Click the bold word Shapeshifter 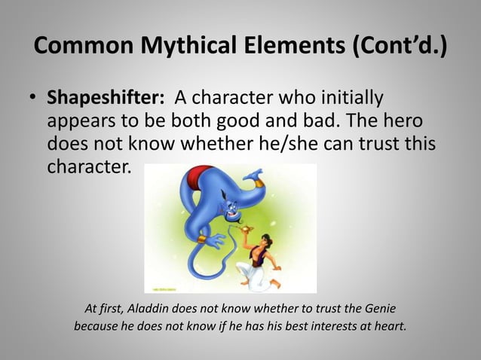[106, 99]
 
